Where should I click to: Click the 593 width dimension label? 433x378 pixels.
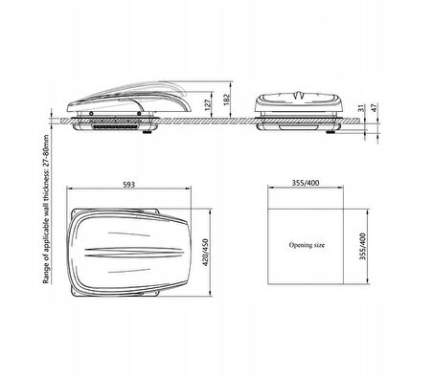[x=128, y=185]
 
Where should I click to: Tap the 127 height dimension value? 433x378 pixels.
[x=208, y=105]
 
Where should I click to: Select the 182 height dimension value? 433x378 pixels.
[x=226, y=100]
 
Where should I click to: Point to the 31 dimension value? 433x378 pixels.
[x=361, y=108]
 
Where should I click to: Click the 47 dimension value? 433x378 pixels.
[x=375, y=107]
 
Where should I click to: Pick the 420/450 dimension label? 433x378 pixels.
[x=206, y=253]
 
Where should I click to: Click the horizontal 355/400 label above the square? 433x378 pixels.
[x=306, y=183]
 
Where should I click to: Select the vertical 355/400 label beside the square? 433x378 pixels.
[x=363, y=247]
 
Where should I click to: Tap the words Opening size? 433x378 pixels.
[x=307, y=245]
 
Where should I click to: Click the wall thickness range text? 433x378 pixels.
[x=46, y=210]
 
